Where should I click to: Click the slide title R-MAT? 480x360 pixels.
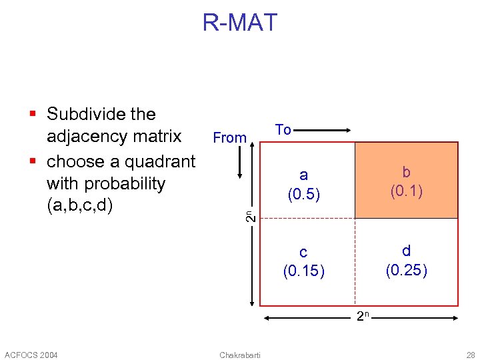[x=239, y=23]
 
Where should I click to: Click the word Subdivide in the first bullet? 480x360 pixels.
[x=101, y=115]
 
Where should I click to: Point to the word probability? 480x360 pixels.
[x=106, y=183]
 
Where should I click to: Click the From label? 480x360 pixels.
[x=229, y=138]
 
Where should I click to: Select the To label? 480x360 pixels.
[x=283, y=130]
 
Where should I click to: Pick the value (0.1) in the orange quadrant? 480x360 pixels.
[x=407, y=192]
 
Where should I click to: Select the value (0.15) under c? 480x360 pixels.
[x=303, y=271]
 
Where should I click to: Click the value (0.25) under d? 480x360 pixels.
[x=407, y=270]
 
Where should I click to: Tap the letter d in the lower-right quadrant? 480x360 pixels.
[x=407, y=251]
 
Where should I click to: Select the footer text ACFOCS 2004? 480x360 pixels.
[x=31, y=354]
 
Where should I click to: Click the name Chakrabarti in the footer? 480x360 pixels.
[x=239, y=354]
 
